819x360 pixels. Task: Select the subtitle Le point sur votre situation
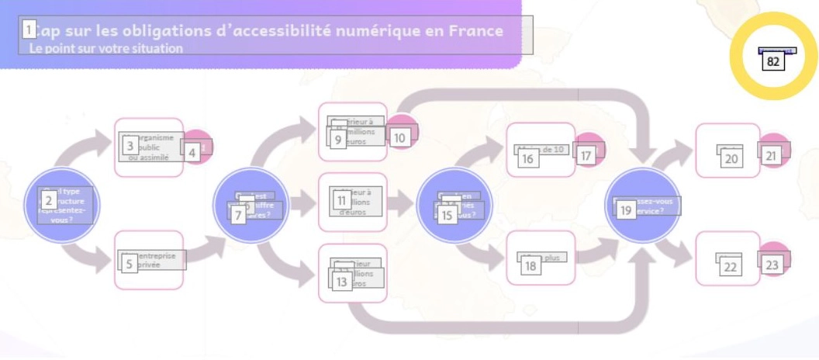point(106,48)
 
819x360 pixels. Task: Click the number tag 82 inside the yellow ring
point(772,61)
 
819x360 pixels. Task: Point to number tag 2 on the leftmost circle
point(48,200)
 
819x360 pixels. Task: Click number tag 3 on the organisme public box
point(130,145)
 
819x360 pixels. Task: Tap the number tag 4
point(193,153)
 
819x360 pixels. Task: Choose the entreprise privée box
point(150,260)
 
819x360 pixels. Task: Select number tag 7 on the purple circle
point(238,216)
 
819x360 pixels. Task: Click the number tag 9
point(337,140)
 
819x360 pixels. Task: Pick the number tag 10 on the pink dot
point(399,138)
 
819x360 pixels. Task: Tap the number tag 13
point(341,282)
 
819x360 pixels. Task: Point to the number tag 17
point(586,156)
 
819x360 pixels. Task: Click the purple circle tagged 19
point(642,205)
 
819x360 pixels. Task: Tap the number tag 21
point(771,156)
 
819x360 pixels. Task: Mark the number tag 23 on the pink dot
point(772,265)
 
